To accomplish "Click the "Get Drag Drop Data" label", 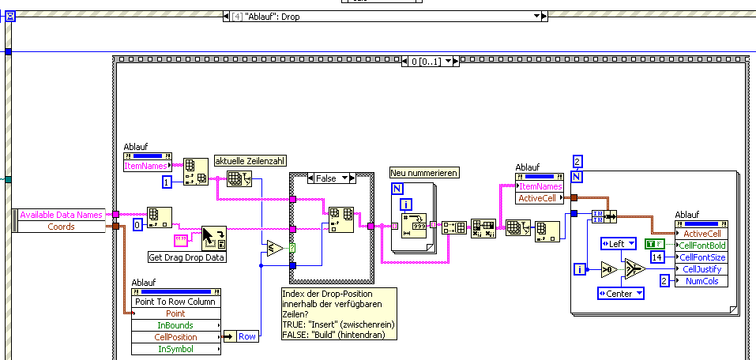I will coord(187,257).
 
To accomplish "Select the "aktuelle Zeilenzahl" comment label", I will coord(249,161).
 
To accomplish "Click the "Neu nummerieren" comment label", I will coord(424,173).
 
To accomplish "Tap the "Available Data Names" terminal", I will coord(61,215).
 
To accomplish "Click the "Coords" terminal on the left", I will coord(61,227).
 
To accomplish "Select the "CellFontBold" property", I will coord(704,246).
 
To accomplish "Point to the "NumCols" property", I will coord(702,281).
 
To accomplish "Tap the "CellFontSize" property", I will coord(704,257).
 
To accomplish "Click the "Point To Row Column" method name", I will coord(175,302).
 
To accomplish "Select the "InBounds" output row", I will coord(175,325).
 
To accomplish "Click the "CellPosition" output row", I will coord(175,337).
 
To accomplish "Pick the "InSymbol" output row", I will coord(175,349).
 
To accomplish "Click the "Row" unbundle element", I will coord(247,336).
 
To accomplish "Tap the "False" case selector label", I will coord(325,178).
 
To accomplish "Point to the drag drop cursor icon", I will coord(213,238).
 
